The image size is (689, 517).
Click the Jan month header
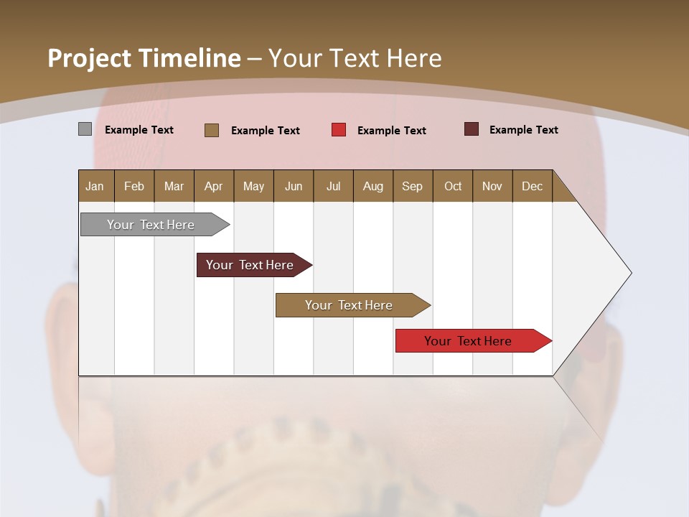[x=95, y=186]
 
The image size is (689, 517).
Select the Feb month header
[x=134, y=186]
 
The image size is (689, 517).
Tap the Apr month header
[x=213, y=186]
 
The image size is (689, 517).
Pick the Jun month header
[x=294, y=186]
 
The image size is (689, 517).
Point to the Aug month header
[x=372, y=186]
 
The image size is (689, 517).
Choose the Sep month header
[x=412, y=186]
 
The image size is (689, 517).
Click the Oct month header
[x=453, y=186]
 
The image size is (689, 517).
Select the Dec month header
[x=532, y=186]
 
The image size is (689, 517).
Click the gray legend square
[x=85, y=129]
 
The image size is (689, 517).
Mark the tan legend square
[x=212, y=130]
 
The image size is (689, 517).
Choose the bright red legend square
[x=339, y=130]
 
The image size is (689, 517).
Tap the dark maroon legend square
[x=472, y=129]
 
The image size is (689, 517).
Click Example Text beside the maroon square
[x=523, y=130]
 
